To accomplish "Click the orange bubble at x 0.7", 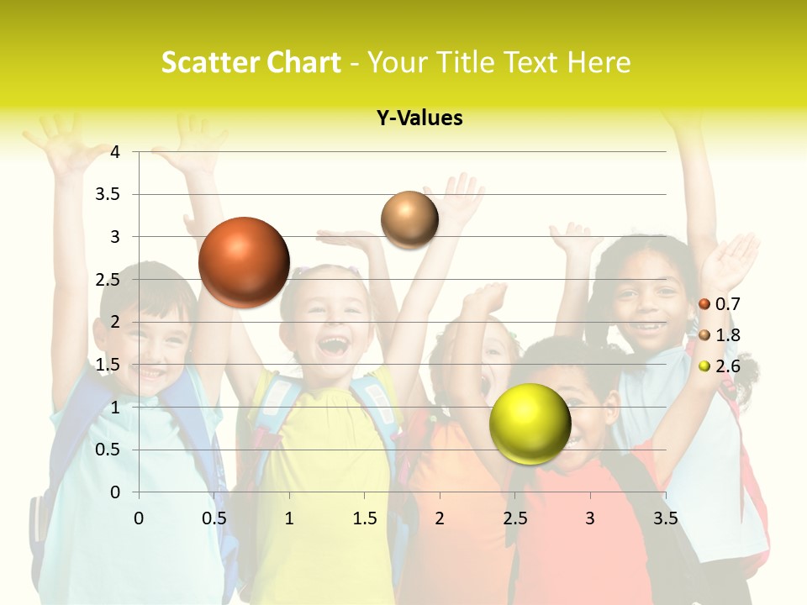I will (244, 262).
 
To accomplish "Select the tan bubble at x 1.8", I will (409, 219).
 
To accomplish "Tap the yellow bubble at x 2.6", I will (530, 423).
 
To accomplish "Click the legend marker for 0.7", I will (704, 304).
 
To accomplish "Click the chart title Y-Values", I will (419, 118).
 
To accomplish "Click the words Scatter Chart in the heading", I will (251, 62).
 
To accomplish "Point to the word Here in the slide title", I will (599, 62).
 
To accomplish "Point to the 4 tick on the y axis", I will (115, 152).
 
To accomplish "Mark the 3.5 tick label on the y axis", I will (108, 194).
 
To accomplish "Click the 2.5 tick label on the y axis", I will (108, 280).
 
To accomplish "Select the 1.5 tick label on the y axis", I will (108, 365).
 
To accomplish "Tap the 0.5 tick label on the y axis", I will (108, 450).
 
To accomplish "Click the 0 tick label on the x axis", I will (139, 518).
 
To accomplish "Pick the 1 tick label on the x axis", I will (289, 518).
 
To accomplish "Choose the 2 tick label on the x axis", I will (440, 518).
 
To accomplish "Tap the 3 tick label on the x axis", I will (590, 518).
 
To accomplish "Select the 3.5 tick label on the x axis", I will (665, 518).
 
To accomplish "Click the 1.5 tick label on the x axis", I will (364, 518).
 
